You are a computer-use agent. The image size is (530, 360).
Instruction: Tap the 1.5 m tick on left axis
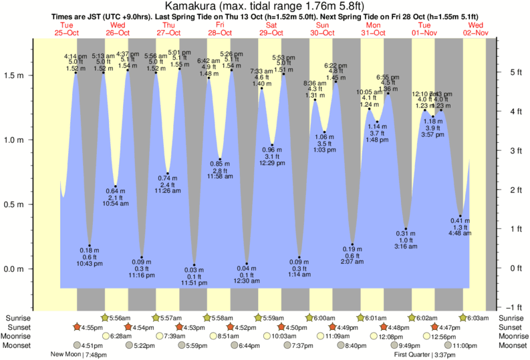pyautogui.click(x=16, y=75)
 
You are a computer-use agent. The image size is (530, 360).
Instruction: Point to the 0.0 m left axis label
pyautogui.click(x=16, y=269)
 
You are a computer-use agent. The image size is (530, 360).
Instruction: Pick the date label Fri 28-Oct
pyautogui.click(x=220, y=29)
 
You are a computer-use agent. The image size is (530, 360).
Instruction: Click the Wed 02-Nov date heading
pyautogui.click(x=479, y=29)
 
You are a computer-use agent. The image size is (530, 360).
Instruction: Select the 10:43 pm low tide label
pyautogui.click(x=90, y=264)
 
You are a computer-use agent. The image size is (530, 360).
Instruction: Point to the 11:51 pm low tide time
pyautogui.click(x=194, y=283)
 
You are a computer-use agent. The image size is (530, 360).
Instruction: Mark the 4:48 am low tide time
pyautogui.click(x=460, y=234)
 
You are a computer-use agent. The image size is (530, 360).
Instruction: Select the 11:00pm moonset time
pyautogui.click(x=465, y=345)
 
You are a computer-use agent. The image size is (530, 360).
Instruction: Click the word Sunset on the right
pyautogui.click(x=511, y=327)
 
